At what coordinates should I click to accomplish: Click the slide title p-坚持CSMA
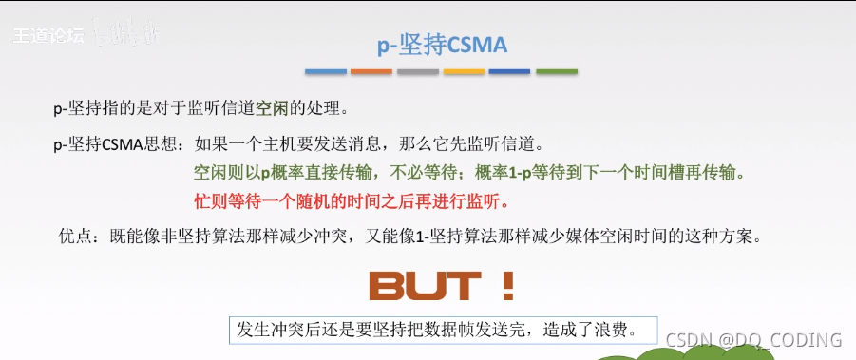[443, 45]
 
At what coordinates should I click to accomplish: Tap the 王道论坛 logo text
[48, 35]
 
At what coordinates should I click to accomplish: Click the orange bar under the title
[371, 72]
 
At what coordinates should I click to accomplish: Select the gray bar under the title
[418, 72]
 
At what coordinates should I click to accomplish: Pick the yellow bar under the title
[465, 72]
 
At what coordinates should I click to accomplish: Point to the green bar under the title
[558, 72]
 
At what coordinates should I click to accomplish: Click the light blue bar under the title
[325, 72]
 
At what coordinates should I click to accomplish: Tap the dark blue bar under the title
[510, 72]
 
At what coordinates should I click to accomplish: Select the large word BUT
[424, 286]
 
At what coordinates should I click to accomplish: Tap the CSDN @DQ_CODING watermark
[753, 339]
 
